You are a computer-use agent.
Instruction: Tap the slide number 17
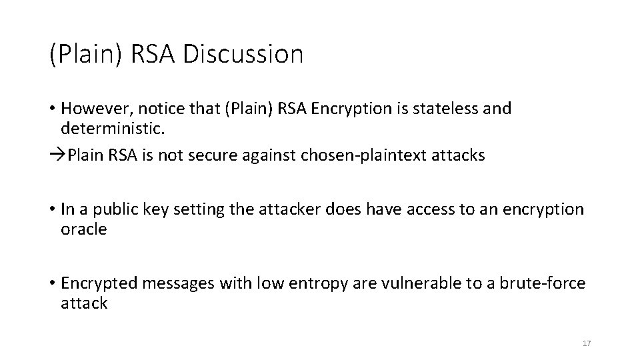coord(587,343)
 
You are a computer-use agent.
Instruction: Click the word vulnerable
coord(413,283)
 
